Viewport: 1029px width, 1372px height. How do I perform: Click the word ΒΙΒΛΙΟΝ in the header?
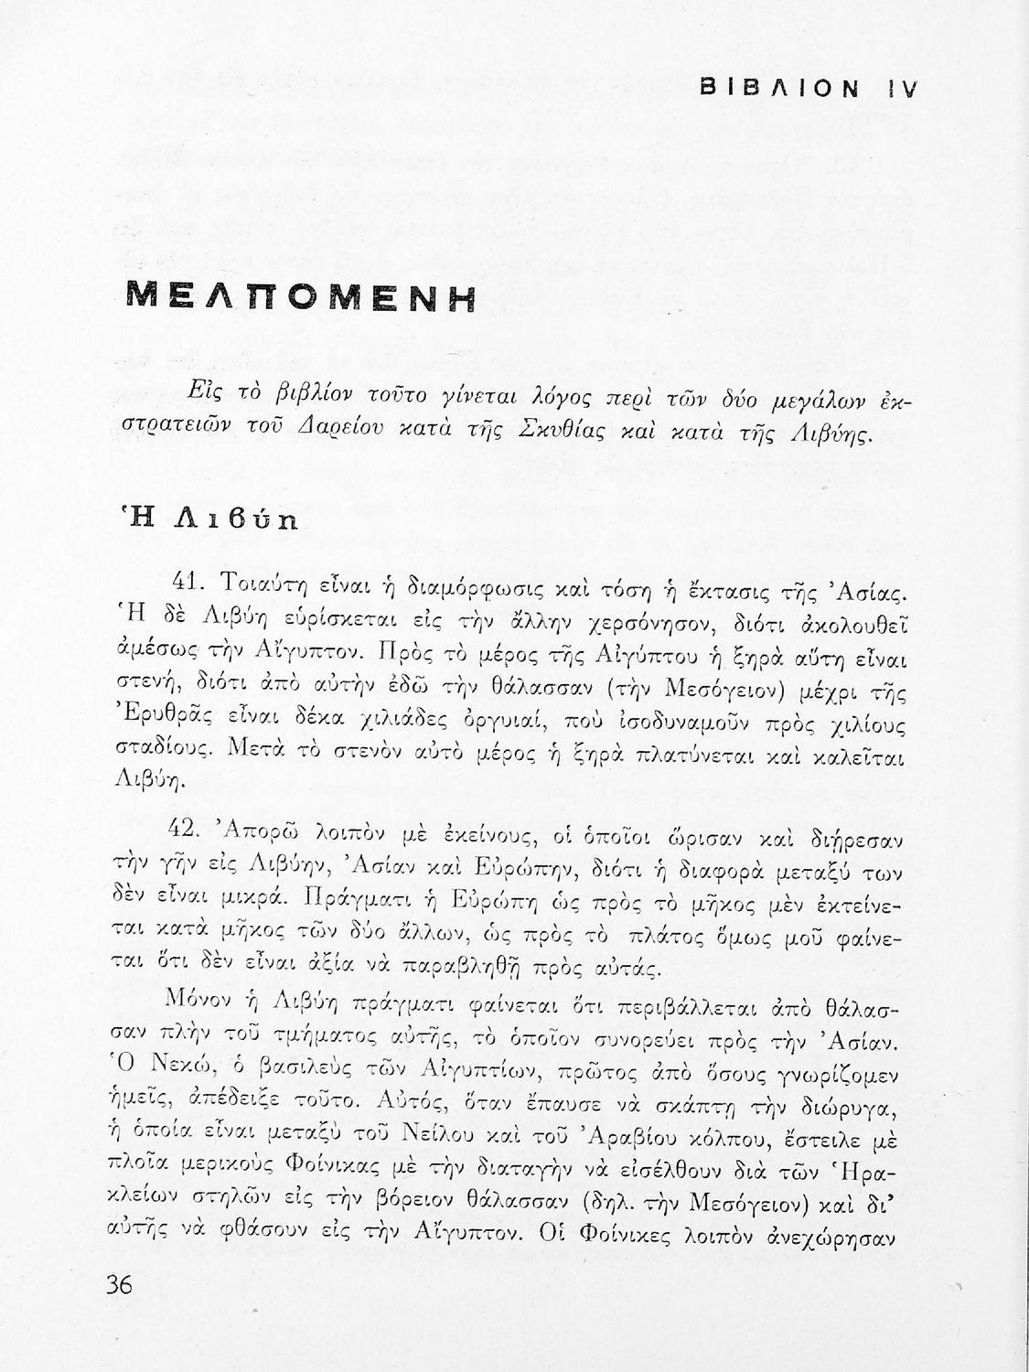click(778, 88)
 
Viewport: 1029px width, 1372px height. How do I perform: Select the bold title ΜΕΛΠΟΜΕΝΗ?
click(301, 297)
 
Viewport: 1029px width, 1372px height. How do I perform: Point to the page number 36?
click(120, 1284)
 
